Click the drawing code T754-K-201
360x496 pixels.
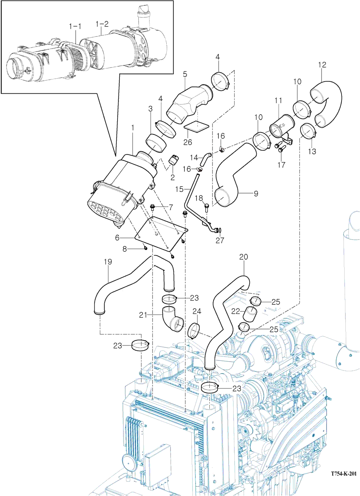tap(338, 474)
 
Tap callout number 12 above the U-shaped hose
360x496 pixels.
tap(322, 65)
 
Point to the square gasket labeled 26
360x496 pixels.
tap(196, 126)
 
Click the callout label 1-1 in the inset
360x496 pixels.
tap(75, 26)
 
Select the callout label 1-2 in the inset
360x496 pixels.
tap(102, 24)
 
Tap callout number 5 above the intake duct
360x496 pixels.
tap(185, 73)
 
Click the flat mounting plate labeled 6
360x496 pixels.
tap(161, 234)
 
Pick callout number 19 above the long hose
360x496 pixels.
tap(108, 262)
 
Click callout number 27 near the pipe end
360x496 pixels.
tap(219, 241)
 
